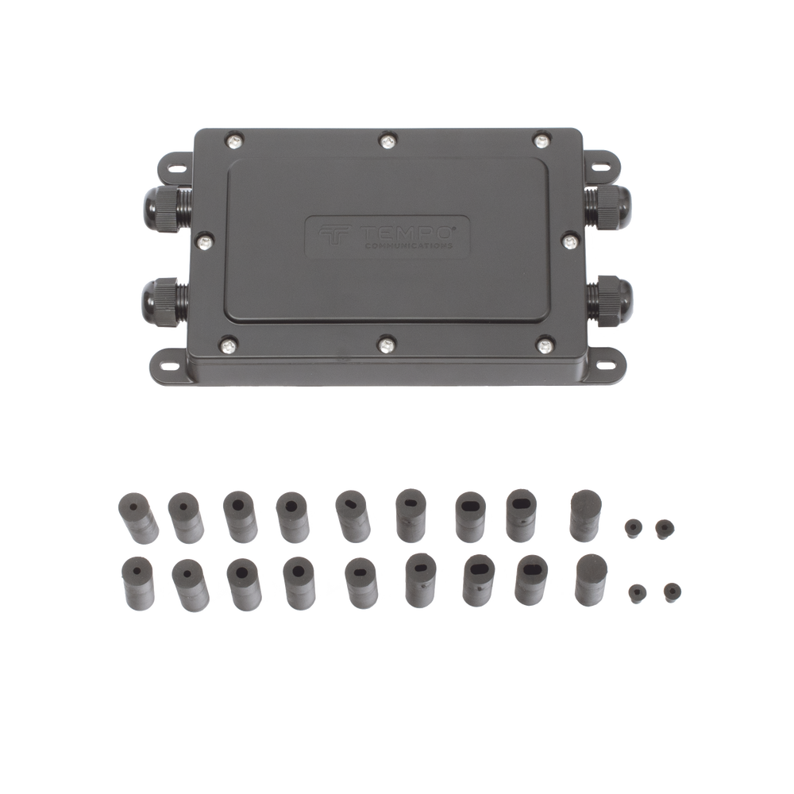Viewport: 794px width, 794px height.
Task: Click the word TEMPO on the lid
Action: (x=406, y=233)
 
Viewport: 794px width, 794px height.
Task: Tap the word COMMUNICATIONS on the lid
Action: (x=409, y=246)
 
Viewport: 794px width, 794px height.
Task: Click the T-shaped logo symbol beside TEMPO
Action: (x=333, y=236)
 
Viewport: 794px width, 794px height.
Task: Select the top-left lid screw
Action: (x=234, y=141)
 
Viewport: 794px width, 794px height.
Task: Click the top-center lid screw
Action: (x=387, y=141)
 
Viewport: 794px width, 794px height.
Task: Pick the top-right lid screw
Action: (x=542, y=141)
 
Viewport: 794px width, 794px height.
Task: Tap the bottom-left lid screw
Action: (x=229, y=346)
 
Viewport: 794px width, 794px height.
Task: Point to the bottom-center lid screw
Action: (x=387, y=345)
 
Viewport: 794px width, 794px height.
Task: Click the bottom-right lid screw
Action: (x=545, y=346)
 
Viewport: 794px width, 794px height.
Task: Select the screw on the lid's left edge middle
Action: (x=205, y=242)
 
